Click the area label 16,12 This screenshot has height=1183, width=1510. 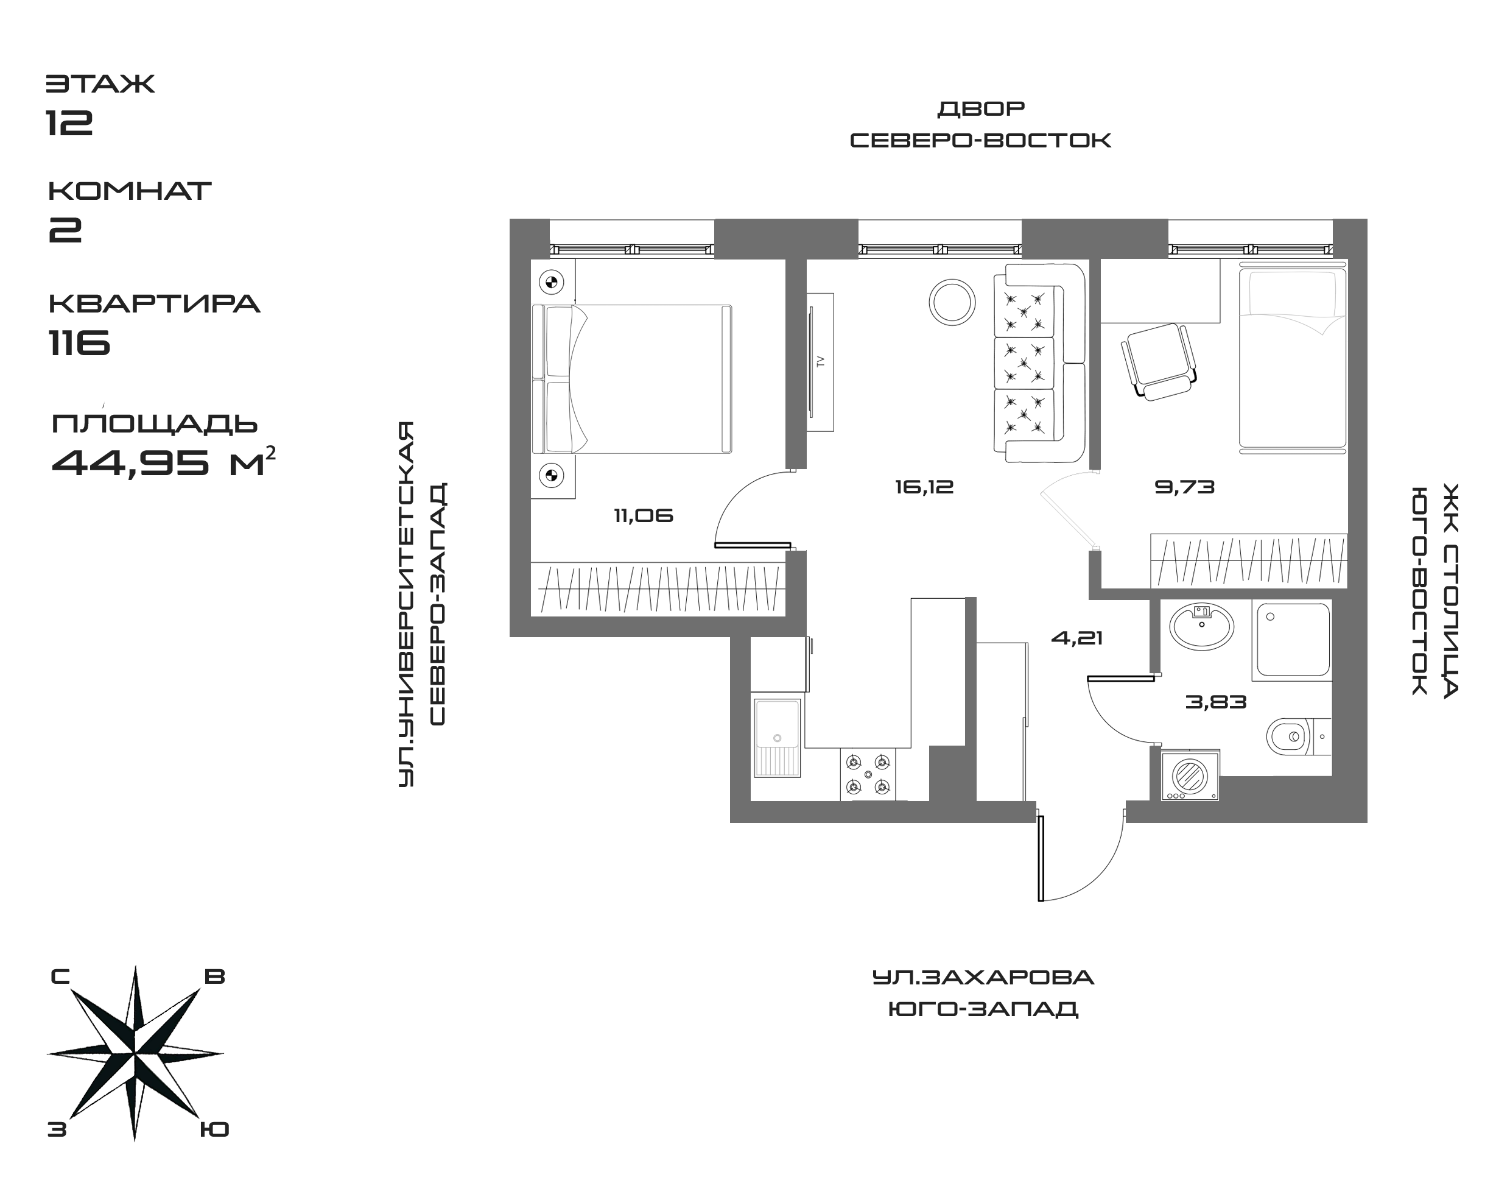coord(924,487)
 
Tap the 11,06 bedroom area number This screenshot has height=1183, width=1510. coord(643,516)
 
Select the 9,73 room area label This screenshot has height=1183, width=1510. coord(1185,487)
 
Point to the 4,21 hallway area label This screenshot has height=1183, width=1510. coord(1076,638)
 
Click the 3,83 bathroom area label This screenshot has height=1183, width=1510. coord(1216,702)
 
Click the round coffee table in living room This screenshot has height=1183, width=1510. coord(953,302)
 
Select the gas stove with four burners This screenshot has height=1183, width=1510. coord(868,774)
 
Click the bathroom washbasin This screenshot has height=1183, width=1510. coord(1201,626)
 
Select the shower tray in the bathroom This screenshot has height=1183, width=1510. coord(1291,638)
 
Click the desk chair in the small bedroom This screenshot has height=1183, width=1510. coord(1160,360)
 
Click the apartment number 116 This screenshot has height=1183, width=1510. coord(80,342)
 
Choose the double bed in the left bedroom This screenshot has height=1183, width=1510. coord(631,379)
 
